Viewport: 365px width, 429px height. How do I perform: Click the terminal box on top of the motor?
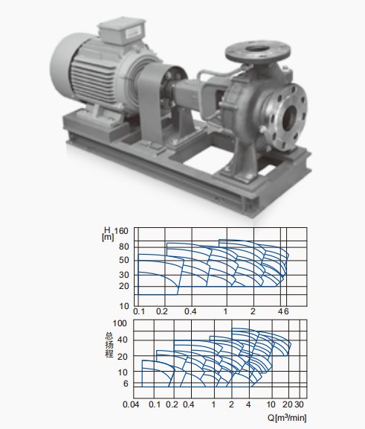[122, 30]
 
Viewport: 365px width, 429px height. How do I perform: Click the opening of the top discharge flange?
[258, 49]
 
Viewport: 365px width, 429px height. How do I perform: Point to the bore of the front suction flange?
[290, 118]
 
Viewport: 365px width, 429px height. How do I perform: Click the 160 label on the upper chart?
[121, 231]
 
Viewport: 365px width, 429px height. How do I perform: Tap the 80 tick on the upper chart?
[123, 247]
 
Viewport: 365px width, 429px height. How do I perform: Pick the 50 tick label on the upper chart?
[123, 260]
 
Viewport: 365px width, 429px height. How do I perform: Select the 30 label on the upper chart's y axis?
[123, 275]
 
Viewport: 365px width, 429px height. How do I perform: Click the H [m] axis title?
[108, 234]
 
